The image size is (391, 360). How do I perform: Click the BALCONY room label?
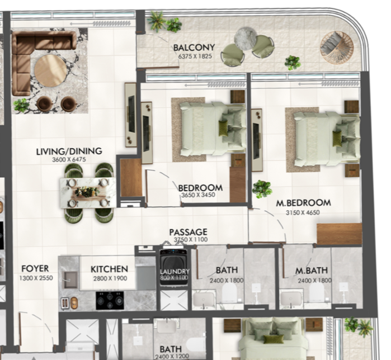[194, 48]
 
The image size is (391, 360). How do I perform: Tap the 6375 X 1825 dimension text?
[195, 56]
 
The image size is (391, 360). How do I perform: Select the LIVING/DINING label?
[69, 151]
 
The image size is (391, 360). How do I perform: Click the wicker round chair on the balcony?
[337, 48]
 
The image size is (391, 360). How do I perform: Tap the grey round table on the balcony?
[246, 39]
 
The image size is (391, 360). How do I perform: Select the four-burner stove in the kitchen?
[110, 301]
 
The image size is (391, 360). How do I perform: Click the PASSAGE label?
[189, 232]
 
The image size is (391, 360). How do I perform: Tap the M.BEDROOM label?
[304, 203]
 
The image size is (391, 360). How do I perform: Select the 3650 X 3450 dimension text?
[198, 195]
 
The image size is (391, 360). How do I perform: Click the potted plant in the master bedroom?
[262, 189]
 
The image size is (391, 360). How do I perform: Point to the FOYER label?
[35, 268]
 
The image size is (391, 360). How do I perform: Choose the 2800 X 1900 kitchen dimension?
[110, 278]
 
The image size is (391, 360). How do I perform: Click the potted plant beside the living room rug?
[21, 105]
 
